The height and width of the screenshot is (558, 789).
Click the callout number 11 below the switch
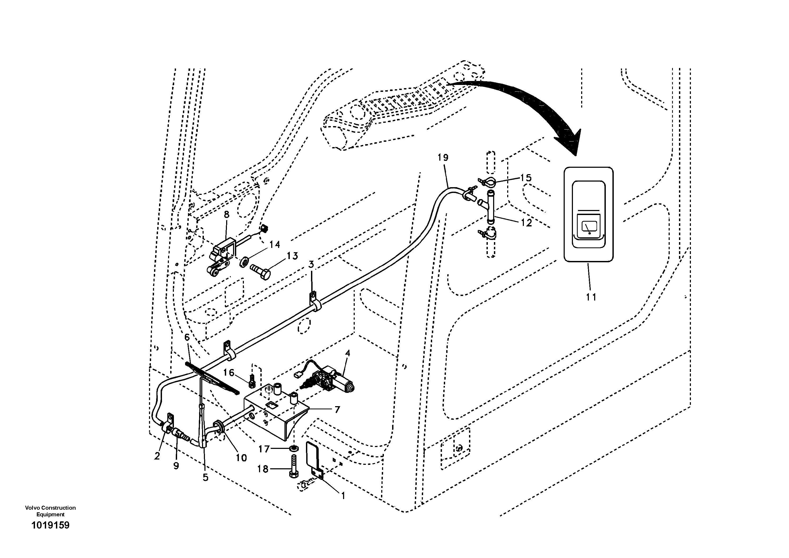click(x=591, y=297)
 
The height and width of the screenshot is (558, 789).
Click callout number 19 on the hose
click(x=443, y=158)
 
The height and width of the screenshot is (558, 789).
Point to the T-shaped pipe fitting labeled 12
click(x=490, y=207)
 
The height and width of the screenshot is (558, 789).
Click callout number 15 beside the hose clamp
click(x=526, y=178)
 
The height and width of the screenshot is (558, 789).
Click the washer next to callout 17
click(x=294, y=449)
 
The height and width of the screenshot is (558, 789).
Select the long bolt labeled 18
click(x=294, y=466)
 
